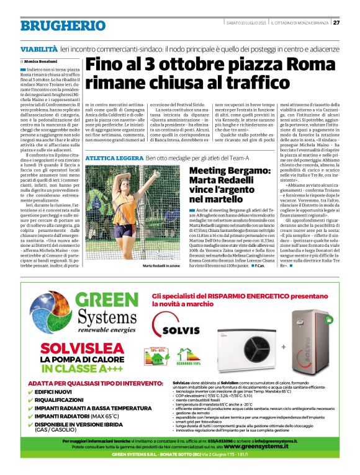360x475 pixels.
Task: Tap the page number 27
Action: [x=336, y=23]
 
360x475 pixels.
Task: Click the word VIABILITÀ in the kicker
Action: [x=38, y=48]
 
